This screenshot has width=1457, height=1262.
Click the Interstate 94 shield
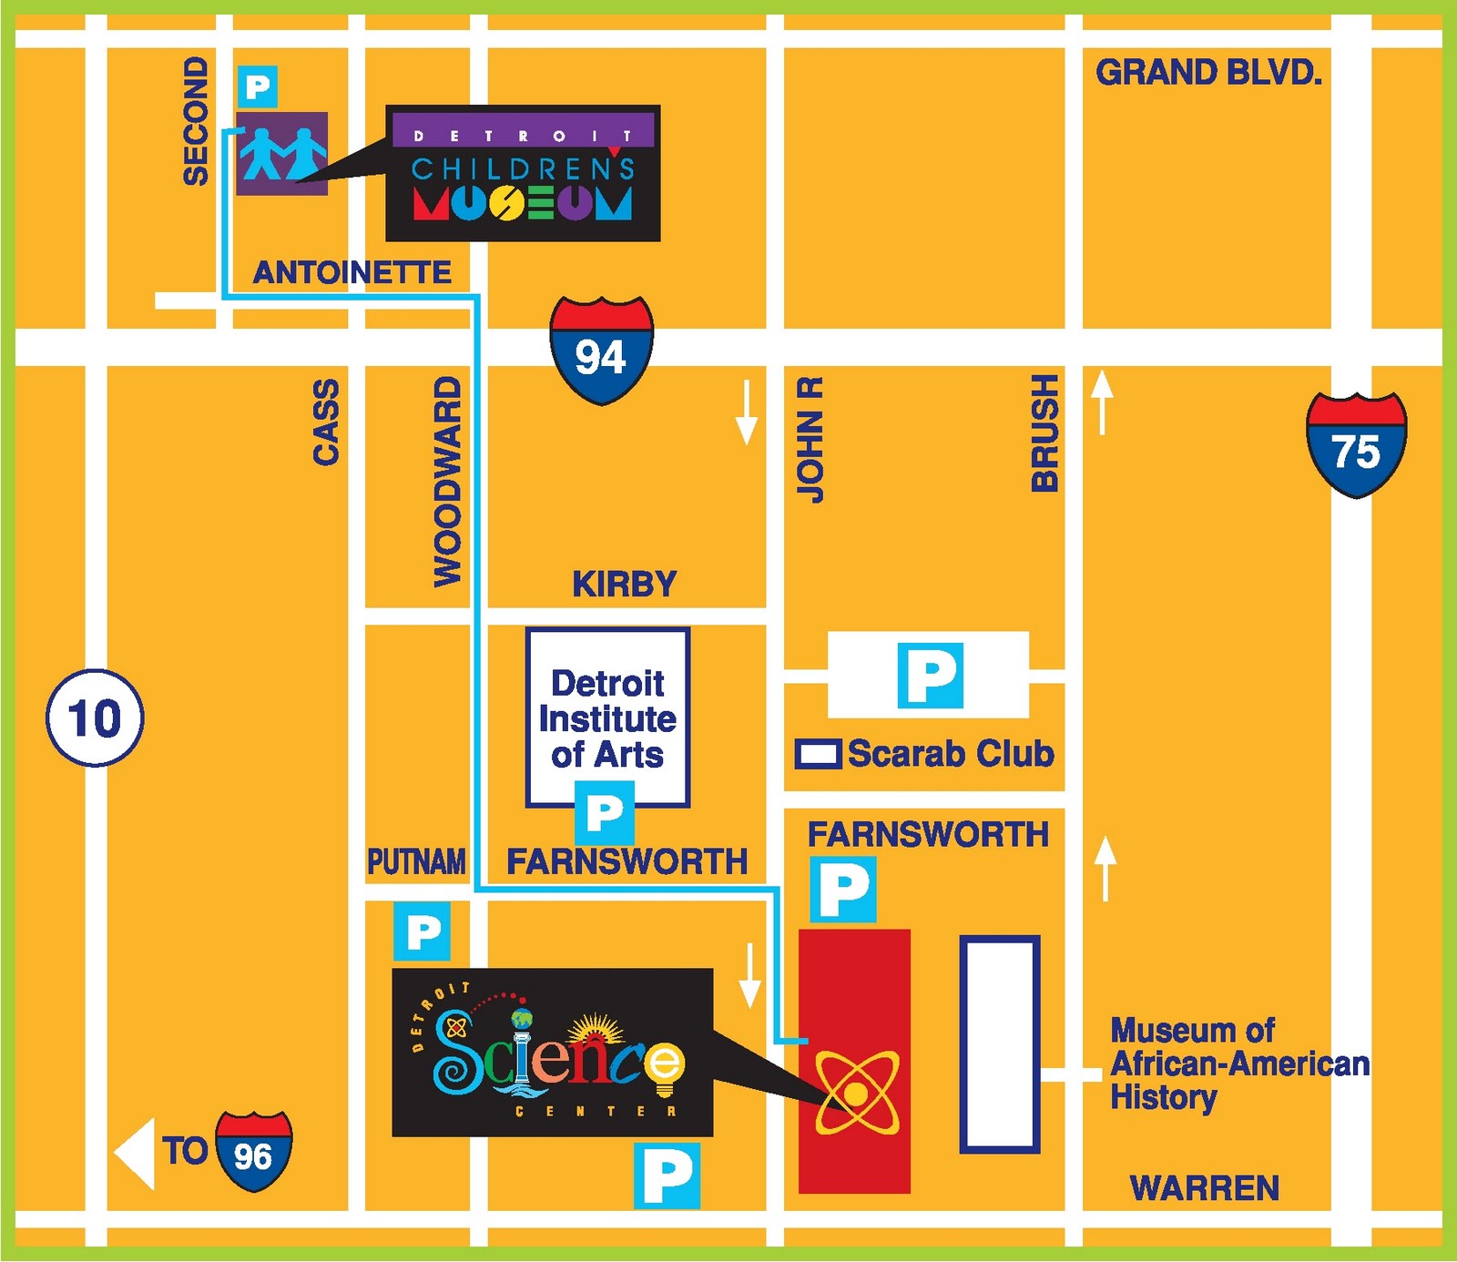[601, 350]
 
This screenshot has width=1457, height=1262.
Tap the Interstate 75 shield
[1356, 445]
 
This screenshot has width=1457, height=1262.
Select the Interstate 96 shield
[253, 1152]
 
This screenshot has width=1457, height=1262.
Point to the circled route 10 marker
[95, 718]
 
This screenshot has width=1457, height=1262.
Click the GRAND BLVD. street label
[1208, 73]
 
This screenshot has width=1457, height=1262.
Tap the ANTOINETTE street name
[352, 272]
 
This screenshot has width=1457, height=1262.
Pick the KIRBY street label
[625, 584]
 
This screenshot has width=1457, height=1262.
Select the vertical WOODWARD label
[447, 482]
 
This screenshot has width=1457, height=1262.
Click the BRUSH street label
[1044, 433]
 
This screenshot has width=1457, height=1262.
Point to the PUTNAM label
[416, 861]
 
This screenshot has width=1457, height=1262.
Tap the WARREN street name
[1204, 1188]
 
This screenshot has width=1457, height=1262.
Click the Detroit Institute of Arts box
[607, 718]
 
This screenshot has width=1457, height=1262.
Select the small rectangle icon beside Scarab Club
[817, 754]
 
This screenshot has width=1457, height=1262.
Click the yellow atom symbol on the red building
[856, 1093]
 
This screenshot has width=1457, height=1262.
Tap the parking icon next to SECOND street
[258, 87]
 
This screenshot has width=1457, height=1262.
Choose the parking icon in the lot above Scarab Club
[930, 676]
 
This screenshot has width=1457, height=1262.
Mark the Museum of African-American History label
[1239, 1064]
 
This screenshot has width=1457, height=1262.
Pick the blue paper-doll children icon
[282, 154]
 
